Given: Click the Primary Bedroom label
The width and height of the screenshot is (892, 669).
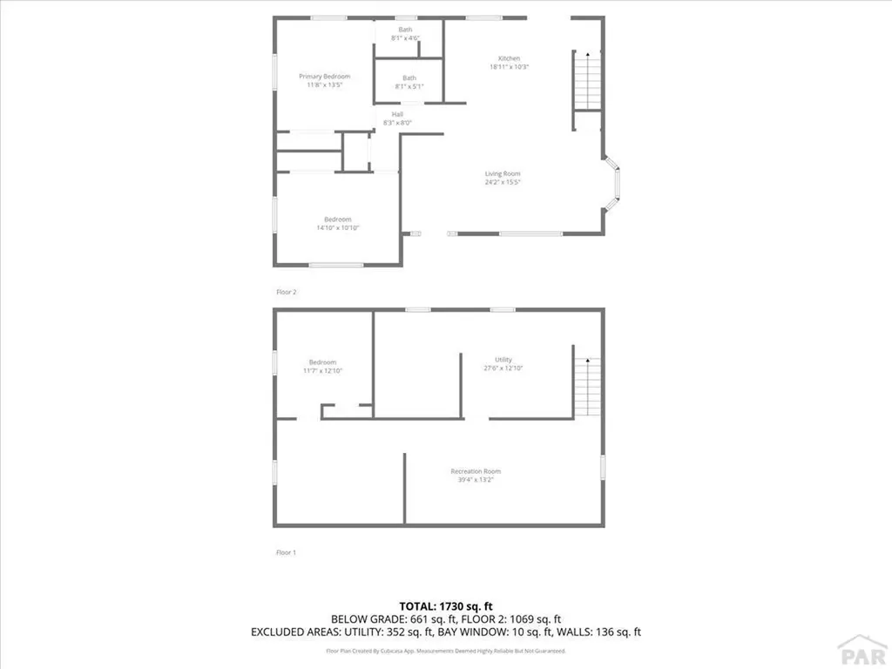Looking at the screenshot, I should [324, 77].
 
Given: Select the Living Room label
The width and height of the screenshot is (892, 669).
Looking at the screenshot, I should [503, 174].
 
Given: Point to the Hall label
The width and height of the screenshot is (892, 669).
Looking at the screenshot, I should [397, 114].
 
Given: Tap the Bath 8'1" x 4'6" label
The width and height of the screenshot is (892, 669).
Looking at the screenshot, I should [406, 30].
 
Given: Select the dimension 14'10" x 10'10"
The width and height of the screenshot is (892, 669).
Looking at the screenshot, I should [338, 228].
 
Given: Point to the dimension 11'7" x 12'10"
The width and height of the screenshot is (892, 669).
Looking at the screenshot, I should [322, 371].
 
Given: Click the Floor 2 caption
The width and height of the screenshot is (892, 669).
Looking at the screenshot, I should [286, 292].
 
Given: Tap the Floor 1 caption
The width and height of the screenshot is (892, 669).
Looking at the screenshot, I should [286, 552].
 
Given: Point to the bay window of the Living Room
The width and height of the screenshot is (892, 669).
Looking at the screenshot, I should [614, 183].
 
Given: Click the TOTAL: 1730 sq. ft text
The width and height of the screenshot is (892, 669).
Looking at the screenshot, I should [445, 605].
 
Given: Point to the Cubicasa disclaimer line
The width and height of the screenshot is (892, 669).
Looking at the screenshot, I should [445, 651].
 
